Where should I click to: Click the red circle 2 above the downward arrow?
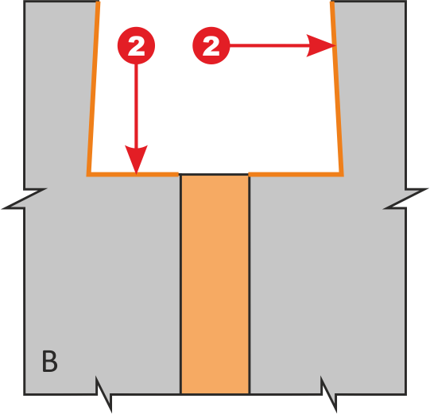pos(136,45)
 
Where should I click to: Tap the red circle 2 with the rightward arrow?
pos(211,45)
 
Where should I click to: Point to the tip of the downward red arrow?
pos(136,174)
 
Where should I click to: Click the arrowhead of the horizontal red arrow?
pos(321,45)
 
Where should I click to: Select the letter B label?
pos(49,361)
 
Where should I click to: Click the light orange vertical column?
pos(215,284)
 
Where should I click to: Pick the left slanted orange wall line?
pos(93,87)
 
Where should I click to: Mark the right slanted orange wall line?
pos(337,87)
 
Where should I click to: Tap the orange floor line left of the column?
pos(133,174)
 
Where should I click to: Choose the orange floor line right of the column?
pos(296,174)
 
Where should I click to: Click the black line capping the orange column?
pos(214,174)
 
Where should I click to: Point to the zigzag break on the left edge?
pos(24,199)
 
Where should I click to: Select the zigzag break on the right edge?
pos(406,199)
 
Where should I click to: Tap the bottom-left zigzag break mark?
pos(103,394)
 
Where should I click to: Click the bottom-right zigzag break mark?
pos(328,394)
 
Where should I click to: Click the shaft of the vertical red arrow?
pos(136,106)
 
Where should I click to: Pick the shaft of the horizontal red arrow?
pos(269,45)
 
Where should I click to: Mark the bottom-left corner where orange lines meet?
pos(88,175)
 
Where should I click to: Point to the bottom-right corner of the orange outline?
pos(342,175)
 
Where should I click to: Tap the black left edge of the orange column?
pos(180,284)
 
